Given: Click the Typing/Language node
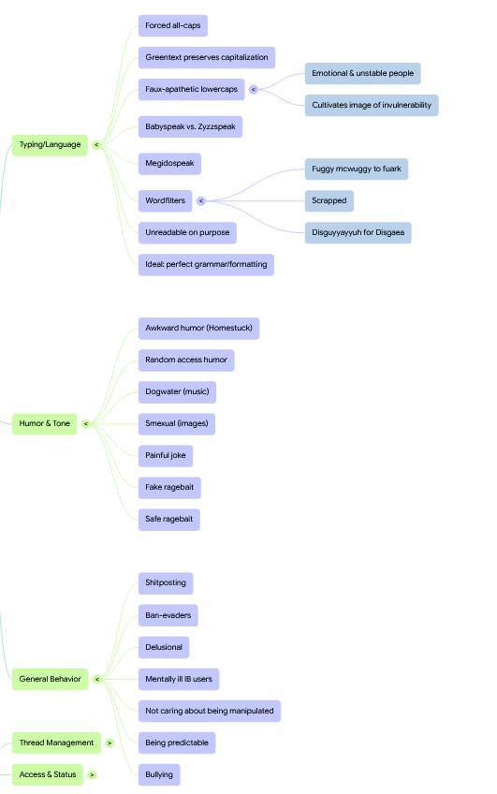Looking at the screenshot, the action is point(50,145).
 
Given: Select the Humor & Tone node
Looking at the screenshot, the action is point(45,424).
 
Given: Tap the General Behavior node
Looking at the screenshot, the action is point(51,679).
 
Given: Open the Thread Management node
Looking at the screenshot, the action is point(56,743).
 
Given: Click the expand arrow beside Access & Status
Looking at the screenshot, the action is point(92,774).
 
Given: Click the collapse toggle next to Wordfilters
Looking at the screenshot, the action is point(201,201).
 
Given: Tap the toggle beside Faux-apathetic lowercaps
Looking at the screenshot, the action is point(254,90).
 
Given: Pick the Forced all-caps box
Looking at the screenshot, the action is point(173,26).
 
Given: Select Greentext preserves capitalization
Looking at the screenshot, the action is point(207,58).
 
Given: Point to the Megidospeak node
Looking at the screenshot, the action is point(169,164).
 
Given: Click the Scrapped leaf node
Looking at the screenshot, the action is point(329,201).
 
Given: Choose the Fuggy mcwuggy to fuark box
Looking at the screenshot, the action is point(357,169).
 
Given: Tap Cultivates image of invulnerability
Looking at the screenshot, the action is point(372,105).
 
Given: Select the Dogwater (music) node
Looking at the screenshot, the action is point(177,392).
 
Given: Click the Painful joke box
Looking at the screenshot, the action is point(166,456).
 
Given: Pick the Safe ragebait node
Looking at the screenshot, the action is point(169,520).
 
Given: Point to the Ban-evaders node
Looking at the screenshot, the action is point(168,615).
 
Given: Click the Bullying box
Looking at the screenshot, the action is point(159,774).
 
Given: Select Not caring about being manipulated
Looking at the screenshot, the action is point(210,711).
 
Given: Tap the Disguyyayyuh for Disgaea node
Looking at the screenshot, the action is point(358,233).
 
